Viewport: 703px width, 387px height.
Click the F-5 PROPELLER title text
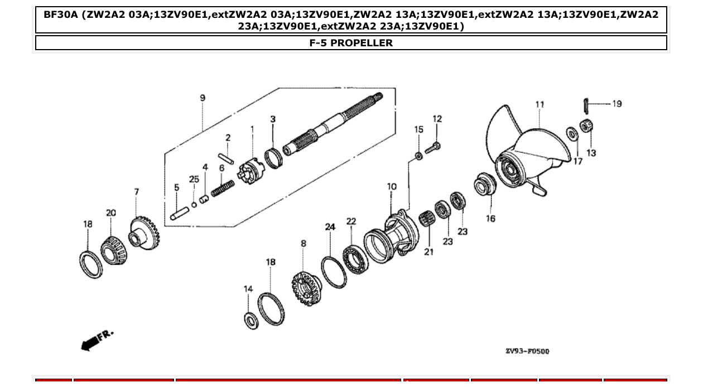click(351, 43)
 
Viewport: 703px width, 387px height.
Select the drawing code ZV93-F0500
click(527, 351)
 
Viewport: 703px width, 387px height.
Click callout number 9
click(203, 98)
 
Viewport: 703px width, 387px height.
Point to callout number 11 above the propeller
click(540, 104)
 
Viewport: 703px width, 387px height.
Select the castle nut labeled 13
click(586, 127)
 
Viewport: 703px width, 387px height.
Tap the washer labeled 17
click(571, 134)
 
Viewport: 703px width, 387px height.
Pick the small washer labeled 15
click(418, 155)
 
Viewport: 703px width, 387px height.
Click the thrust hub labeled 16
click(484, 186)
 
